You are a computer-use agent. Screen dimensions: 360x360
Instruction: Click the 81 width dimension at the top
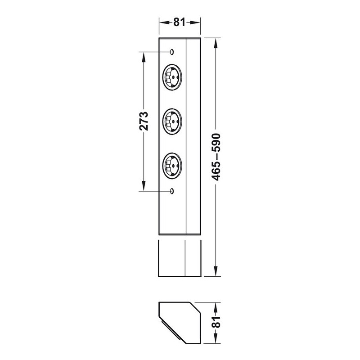coord(179,22)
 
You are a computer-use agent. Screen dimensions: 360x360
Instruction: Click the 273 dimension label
coord(144,121)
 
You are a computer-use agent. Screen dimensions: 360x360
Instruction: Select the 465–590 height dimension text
coord(216,157)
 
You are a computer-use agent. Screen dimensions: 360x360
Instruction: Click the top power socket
coord(172,77)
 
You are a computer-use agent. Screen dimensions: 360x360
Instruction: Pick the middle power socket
coord(172,121)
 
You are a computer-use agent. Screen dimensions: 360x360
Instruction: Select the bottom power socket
coord(172,166)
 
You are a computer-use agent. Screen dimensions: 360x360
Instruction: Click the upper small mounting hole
coord(172,52)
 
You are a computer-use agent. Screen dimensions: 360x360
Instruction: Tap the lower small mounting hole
coord(172,191)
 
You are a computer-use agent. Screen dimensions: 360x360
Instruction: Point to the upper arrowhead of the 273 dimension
coord(144,57)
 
